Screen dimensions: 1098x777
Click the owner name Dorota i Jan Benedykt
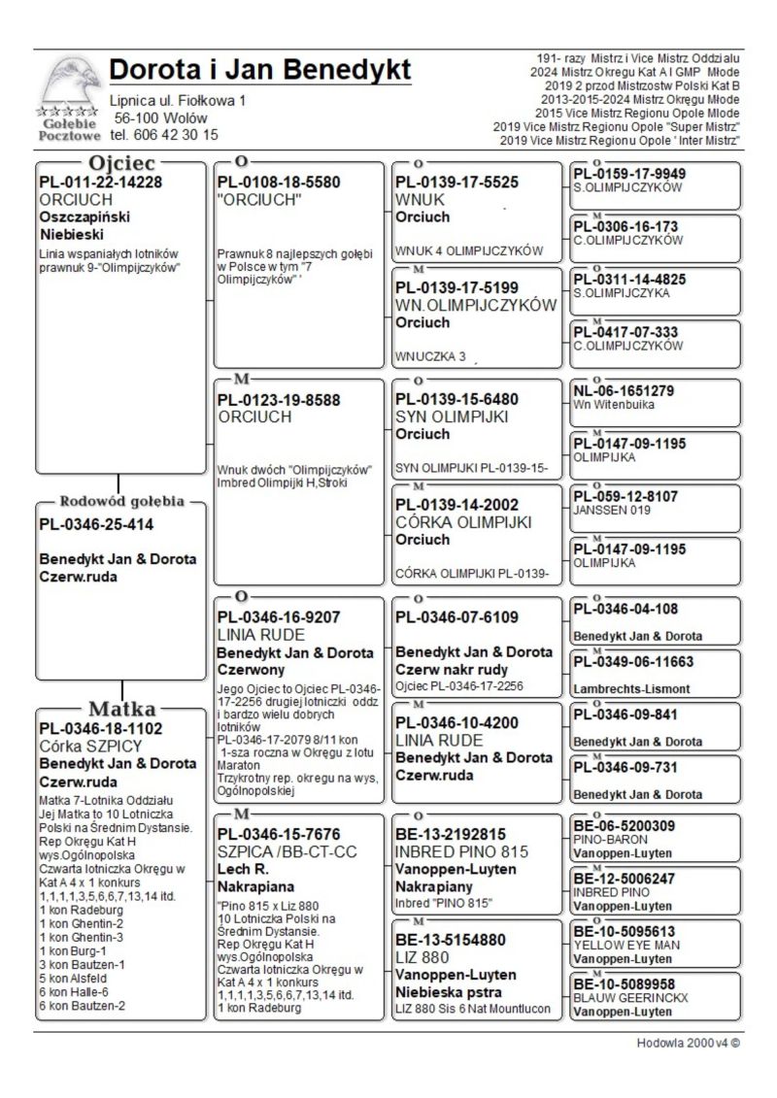coord(260,71)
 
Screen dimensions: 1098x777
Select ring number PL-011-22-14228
coord(100,182)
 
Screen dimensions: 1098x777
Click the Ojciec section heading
coord(120,162)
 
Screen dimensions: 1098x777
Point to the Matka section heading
coord(120,707)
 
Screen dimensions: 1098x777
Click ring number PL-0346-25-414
coord(96,525)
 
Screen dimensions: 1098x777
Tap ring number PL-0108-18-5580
coord(279,182)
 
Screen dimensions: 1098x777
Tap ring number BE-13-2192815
coord(451,834)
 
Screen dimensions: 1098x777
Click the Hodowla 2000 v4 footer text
coord(689,1046)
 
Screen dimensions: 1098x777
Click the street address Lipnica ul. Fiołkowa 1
coord(178,100)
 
